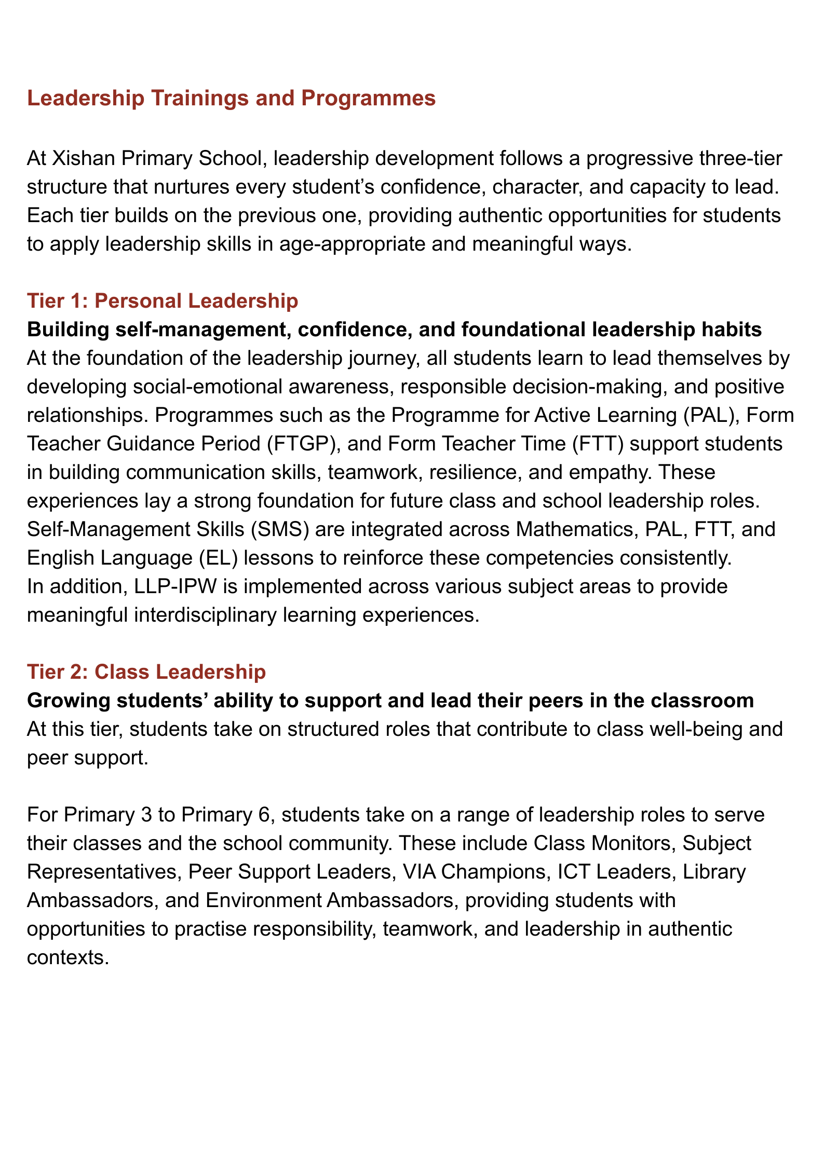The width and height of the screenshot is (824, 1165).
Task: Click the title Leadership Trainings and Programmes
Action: click(x=231, y=99)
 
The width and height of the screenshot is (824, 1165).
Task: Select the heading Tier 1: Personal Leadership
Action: click(x=163, y=301)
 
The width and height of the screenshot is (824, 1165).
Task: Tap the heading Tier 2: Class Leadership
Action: click(x=146, y=671)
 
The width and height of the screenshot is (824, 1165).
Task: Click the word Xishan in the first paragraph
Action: click(x=83, y=158)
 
